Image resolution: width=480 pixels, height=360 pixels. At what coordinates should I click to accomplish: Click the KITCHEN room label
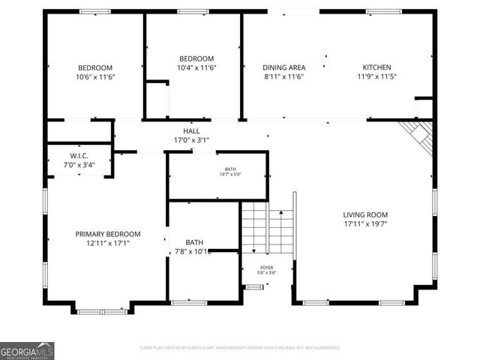[x=376, y=67]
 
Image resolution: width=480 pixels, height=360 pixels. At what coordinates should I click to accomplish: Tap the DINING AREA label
[x=284, y=67]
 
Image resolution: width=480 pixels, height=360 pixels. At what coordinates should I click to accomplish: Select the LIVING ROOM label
[x=365, y=214]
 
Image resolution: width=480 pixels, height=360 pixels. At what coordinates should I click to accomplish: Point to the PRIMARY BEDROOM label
[x=108, y=233]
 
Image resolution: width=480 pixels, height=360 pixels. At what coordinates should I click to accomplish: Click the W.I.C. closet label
[x=79, y=156]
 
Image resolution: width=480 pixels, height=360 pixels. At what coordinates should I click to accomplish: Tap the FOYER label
[x=266, y=267]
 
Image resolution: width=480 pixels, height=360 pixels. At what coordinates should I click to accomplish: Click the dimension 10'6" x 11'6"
[x=95, y=76]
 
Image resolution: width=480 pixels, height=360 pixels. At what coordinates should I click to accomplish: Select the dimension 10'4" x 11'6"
[x=196, y=68]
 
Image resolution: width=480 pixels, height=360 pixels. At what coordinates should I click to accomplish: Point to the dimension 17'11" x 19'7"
[x=365, y=223]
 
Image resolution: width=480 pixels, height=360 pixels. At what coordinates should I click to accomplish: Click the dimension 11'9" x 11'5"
[x=376, y=76]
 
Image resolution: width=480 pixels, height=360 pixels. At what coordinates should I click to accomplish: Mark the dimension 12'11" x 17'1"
[x=108, y=242]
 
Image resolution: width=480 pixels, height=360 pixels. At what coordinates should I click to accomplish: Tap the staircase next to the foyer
[x=266, y=229]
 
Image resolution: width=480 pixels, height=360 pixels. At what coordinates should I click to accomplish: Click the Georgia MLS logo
[x=27, y=350]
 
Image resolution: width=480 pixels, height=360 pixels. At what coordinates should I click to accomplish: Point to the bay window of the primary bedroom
[x=103, y=309]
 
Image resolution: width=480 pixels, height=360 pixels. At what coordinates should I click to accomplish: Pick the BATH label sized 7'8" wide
[x=194, y=242]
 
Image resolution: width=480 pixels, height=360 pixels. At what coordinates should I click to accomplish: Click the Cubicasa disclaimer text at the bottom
[x=240, y=348]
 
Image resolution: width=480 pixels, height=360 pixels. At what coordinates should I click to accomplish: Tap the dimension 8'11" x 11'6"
[x=284, y=76]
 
